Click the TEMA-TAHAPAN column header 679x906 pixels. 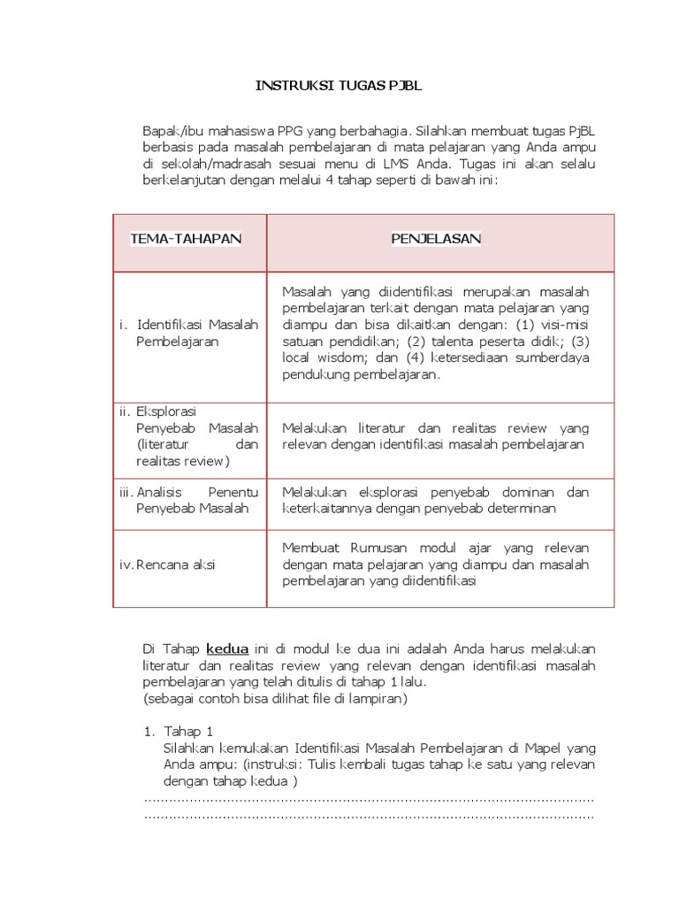pyautogui.click(x=186, y=239)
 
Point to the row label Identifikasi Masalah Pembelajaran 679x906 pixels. pyautogui.click(x=190, y=333)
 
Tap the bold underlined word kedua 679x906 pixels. pyautogui.click(x=227, y=647)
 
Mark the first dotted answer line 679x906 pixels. pyautogui.click(x=368, y=799)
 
